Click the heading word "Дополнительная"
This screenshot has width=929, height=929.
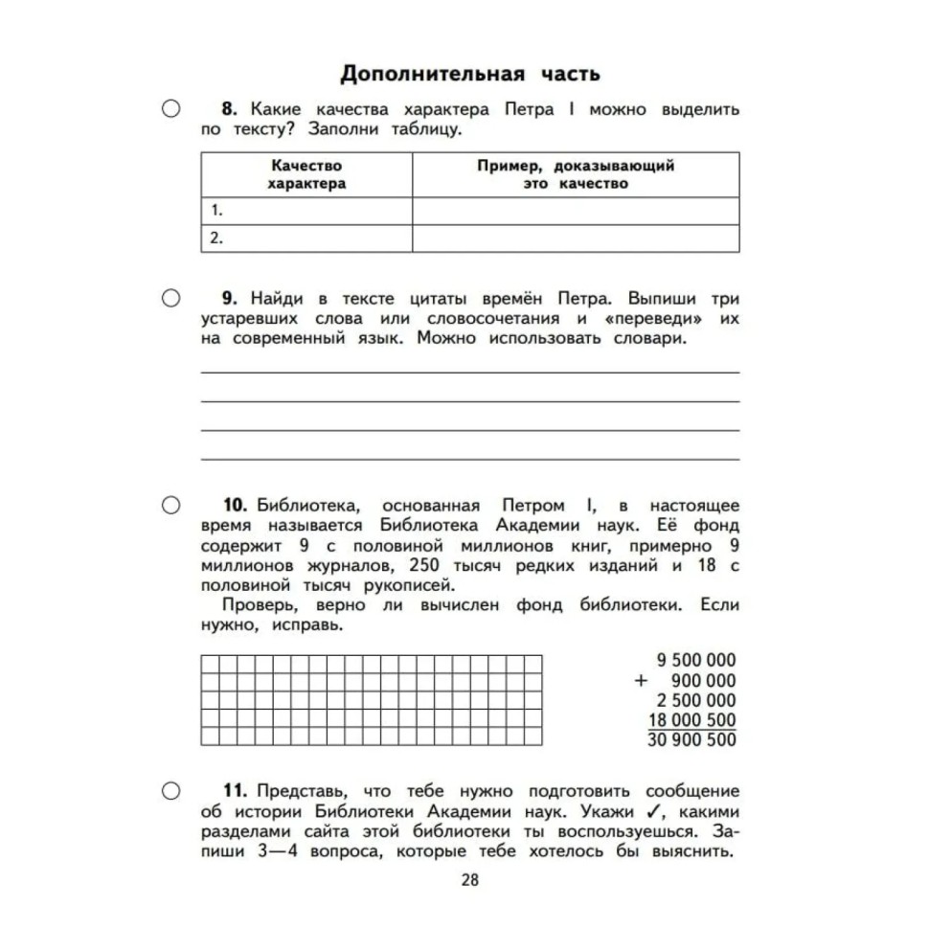tap(431, 74)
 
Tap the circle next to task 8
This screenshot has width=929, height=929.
tap(170, 110)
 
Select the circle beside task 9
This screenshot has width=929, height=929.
tap(170, 298)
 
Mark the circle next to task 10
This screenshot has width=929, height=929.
tap(170, 505)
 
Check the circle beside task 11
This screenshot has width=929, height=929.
tap(170, 790)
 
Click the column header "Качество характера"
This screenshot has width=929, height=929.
tap(306, 174)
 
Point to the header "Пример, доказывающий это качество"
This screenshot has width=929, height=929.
tap(576, 174)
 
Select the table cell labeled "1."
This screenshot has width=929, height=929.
tap(306, 211)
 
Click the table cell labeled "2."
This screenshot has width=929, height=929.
tap(306, 238)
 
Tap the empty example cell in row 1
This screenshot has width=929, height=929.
tap(576, 211)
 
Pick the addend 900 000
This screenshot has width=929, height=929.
tap(704, 680)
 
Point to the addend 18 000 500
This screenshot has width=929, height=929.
tap(691, 720)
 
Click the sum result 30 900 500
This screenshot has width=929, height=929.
tap(691, 740)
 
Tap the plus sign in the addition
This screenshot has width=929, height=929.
tap(642, 680)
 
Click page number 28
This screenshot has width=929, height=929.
tap(468, 880)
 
